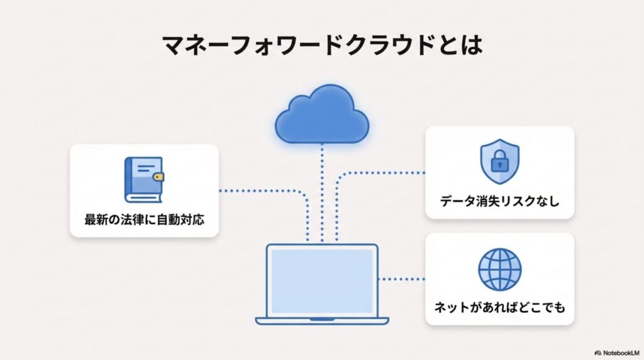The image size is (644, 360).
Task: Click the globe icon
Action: [x=499, y=269]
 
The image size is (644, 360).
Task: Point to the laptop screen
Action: [x=322, y=276]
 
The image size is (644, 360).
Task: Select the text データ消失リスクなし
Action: [x=499, y=202]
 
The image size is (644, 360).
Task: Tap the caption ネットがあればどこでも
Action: [x=499, y=308]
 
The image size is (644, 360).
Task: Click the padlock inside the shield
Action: [x=499, y=163]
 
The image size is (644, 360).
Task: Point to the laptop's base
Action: [x=322, y=318]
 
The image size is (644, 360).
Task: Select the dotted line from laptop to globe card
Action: [x=402, y=277]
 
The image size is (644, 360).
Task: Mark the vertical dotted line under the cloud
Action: [x=322, y=189]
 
